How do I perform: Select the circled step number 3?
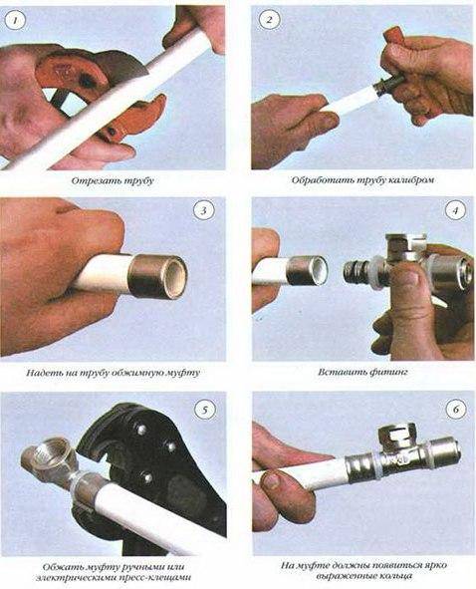pyautogui.click(x=204, y=212)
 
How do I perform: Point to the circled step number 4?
pyautogui.click(x=456, y=212)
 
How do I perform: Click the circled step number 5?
pyautogui.click(x=204, y=408)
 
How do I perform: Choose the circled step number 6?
pyautogui.click(x=456, y=408)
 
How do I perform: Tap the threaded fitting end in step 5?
pyautogui.click(x=45, y=458)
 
